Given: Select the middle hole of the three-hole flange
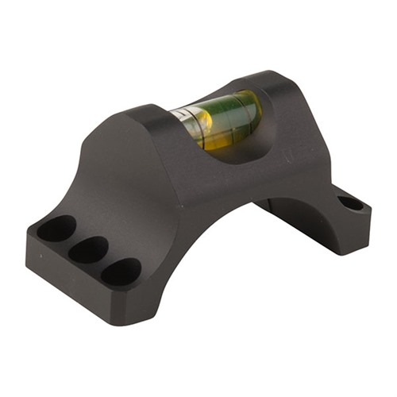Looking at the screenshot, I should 88,249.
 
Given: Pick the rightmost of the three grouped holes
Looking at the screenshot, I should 121,272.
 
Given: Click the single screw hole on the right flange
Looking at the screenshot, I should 350,203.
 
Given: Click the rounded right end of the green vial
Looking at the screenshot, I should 252,107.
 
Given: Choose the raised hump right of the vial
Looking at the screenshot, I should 278,83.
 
